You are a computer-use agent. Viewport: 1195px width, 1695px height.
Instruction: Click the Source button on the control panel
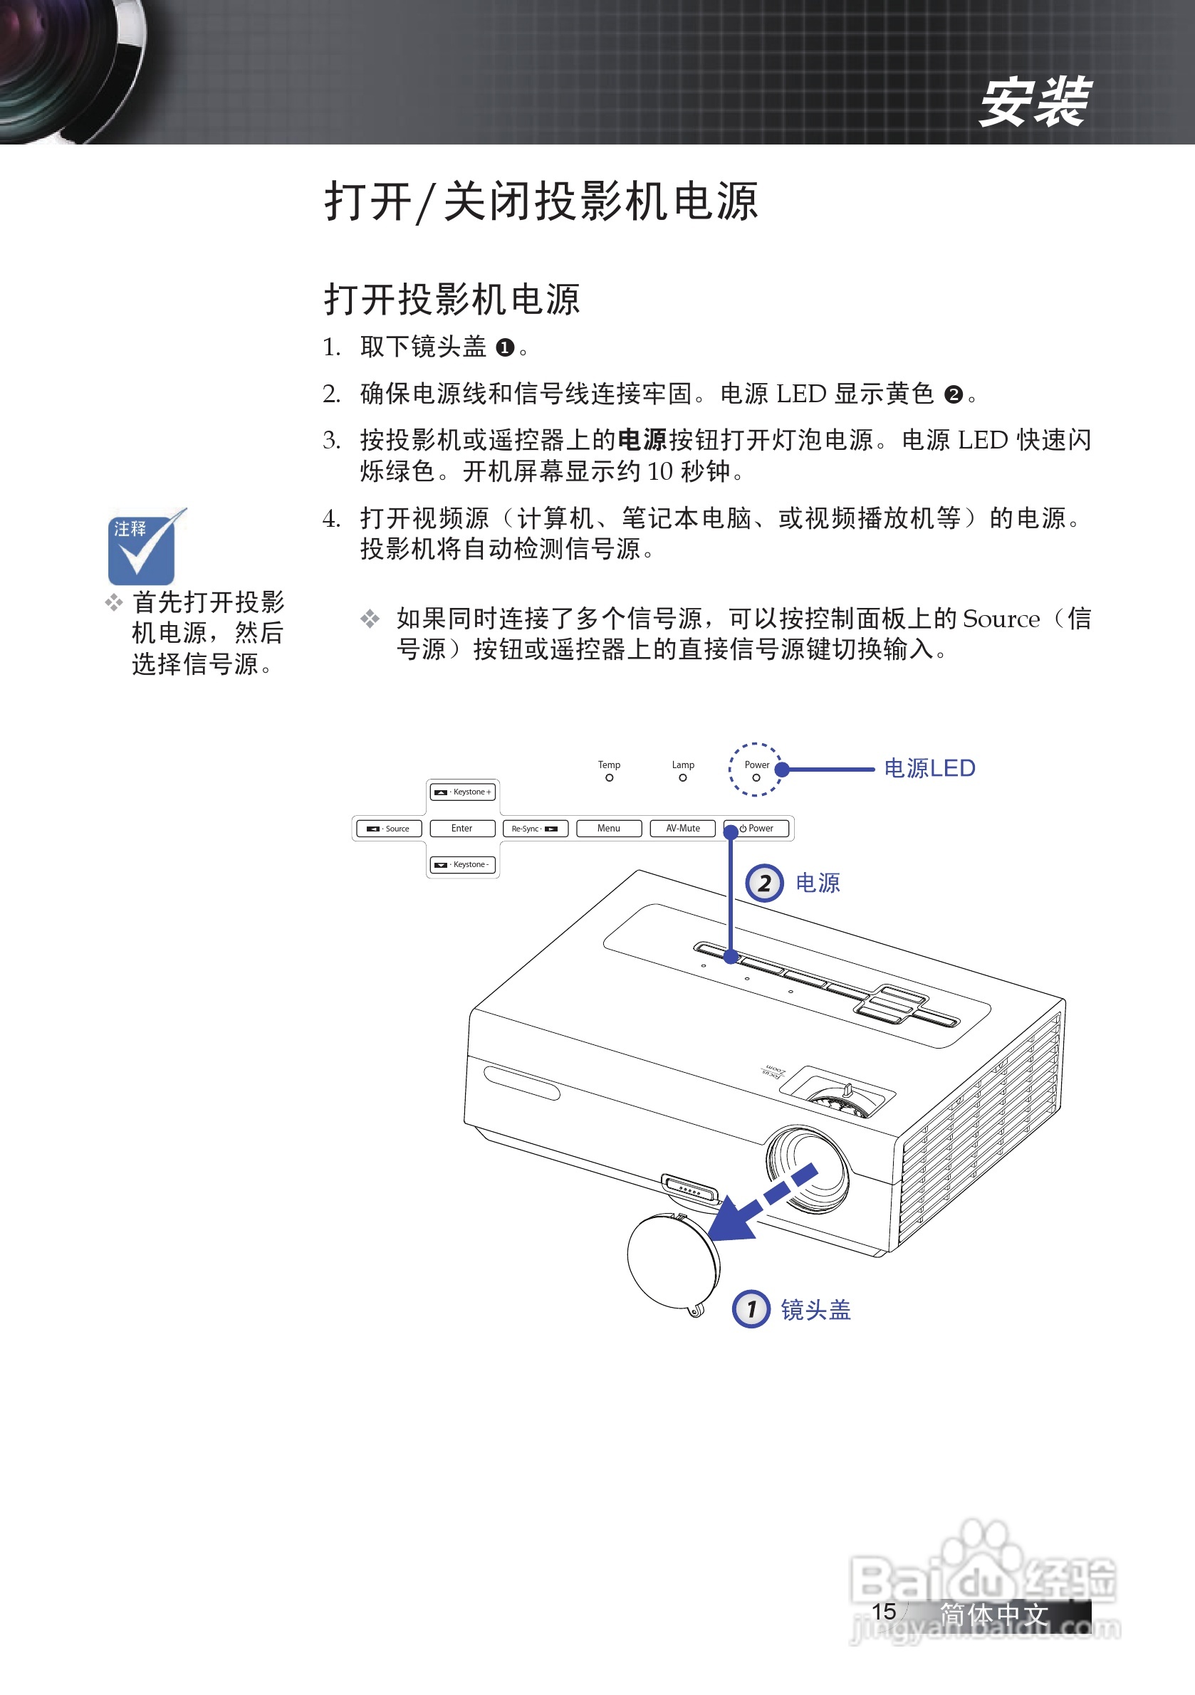390,829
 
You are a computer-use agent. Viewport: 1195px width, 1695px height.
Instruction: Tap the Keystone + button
462,792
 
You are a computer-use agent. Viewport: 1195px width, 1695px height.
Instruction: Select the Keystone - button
462,864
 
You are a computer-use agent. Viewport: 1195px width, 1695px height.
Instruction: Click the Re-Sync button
535,829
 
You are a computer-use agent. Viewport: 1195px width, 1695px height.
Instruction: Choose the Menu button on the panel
609,829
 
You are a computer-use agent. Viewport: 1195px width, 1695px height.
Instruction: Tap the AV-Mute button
682,829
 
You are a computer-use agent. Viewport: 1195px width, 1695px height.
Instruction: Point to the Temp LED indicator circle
610,777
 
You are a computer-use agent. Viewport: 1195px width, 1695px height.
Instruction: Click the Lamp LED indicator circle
682,777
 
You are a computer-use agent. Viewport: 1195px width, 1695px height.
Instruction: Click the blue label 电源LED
929,769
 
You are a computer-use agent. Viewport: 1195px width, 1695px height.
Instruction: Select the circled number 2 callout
763,883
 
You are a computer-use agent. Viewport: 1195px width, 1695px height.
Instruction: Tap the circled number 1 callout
751,1309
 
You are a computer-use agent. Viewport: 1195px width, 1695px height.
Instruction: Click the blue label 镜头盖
815,1310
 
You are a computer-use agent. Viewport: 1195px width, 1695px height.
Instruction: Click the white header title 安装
1033,102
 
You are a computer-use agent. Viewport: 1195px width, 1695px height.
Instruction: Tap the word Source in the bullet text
1001,619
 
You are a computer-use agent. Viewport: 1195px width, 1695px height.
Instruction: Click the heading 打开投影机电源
452,300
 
